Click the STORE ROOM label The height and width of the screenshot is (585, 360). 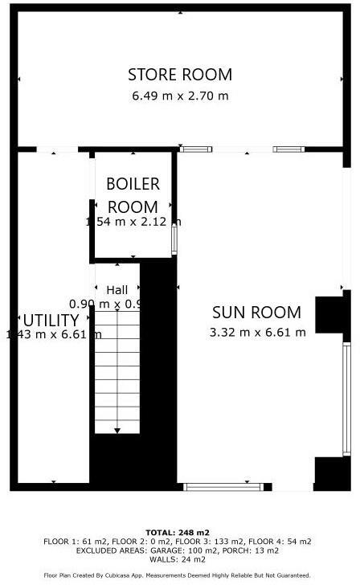(180, 75)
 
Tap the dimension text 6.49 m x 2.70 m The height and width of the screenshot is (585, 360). (180, 96)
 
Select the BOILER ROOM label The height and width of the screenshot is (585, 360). (133, 195)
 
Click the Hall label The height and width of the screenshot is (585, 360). (117, 290)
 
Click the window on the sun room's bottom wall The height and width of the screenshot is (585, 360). (218, 486)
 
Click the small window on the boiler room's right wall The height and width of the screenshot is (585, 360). (174, 239)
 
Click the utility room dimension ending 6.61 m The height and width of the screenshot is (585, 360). (53, 334)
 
